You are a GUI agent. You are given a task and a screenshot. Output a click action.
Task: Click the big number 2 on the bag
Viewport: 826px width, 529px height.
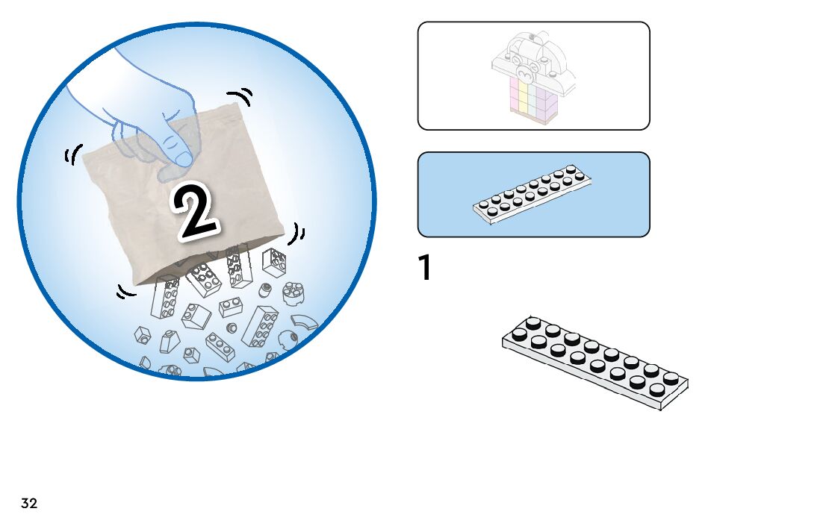196,210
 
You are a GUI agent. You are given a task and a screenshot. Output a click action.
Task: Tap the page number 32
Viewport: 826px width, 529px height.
29,504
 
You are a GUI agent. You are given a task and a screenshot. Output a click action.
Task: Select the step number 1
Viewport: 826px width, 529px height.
424,269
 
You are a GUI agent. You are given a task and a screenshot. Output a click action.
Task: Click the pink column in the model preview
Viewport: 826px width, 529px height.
514,98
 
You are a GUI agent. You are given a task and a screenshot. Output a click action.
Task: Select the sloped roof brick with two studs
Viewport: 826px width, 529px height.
196,316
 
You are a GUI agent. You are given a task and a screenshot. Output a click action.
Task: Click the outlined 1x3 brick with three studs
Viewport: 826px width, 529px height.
221,346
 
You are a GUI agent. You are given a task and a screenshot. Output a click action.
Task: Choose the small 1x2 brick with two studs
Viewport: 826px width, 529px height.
230,307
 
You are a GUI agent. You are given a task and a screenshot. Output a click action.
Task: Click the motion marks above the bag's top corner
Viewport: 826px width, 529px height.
241,97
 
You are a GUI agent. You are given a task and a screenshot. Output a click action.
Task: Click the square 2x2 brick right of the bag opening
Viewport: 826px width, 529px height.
273,261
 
